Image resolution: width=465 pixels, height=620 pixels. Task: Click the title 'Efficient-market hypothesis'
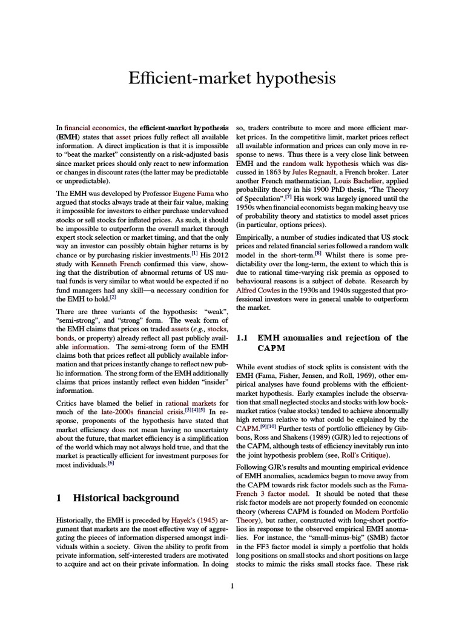pyautogui.click(x=232, y=78)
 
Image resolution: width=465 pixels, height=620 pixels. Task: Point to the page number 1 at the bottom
pyautogui.click(x=232, y=585)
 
